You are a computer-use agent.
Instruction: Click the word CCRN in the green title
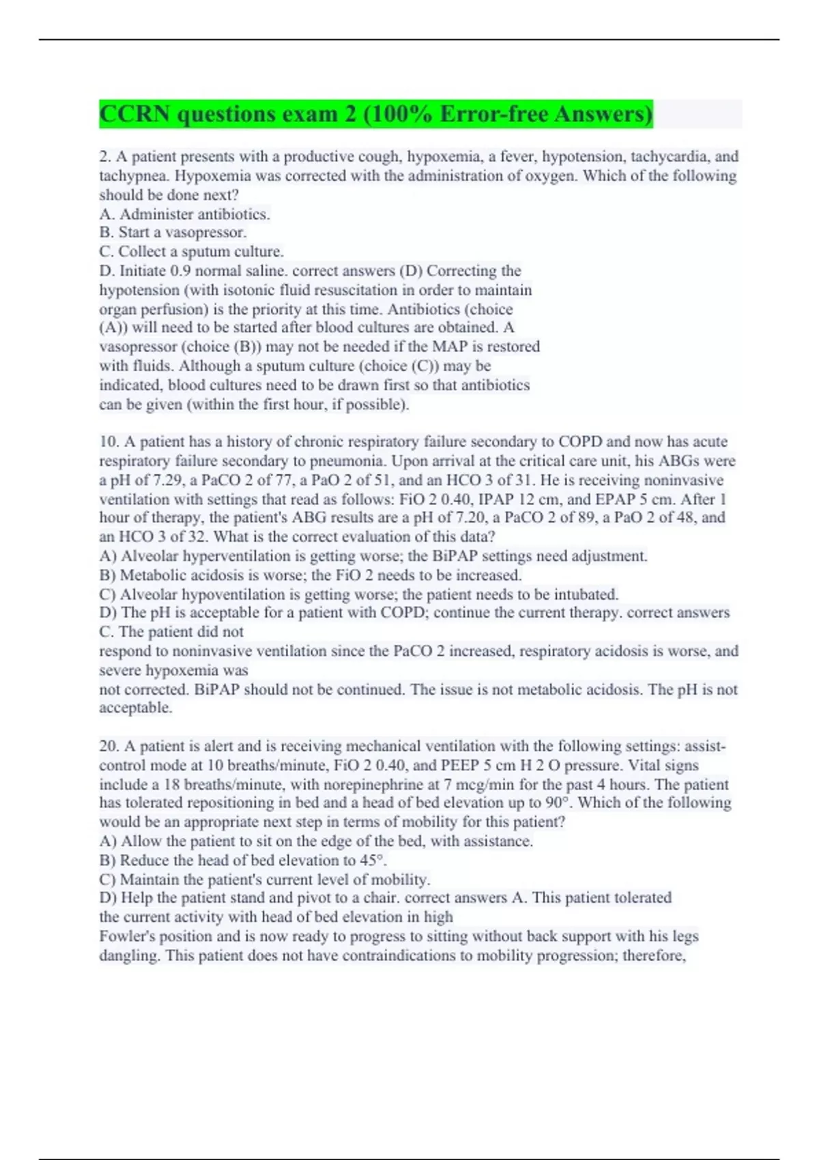click(x=134, y=114)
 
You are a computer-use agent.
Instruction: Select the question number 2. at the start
click(x=105, y=157)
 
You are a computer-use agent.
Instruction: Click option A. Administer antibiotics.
click(x=184, y=214)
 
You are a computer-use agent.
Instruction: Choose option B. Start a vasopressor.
click(x=173, y=233)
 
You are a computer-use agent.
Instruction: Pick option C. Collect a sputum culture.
click(x=191, y=252)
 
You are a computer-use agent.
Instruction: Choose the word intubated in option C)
click(x=586, y=594)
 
